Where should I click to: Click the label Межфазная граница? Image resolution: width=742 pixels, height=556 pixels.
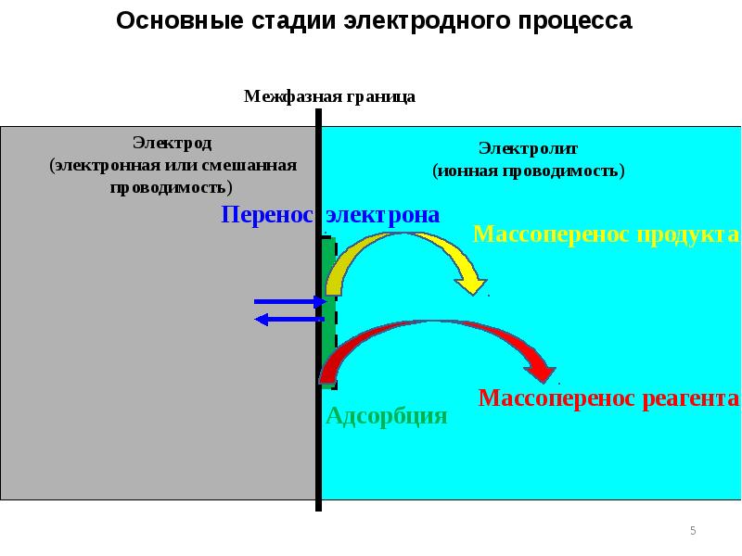click(329, 96)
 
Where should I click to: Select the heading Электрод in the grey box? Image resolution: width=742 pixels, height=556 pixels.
click(172, 143)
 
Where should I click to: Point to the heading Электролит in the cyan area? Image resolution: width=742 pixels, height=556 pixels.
click(528, 147)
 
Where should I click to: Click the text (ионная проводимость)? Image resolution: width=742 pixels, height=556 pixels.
click(528, 171)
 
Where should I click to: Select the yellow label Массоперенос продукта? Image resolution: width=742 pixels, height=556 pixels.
click(606, 234)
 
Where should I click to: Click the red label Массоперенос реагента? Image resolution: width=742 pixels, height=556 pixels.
click(608, 398)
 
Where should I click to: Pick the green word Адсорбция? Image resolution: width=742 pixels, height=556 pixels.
click(387, 416)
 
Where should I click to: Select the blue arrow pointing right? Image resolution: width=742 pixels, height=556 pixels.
click(289, 301)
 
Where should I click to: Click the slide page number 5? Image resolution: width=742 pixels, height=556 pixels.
click(692, 531)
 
